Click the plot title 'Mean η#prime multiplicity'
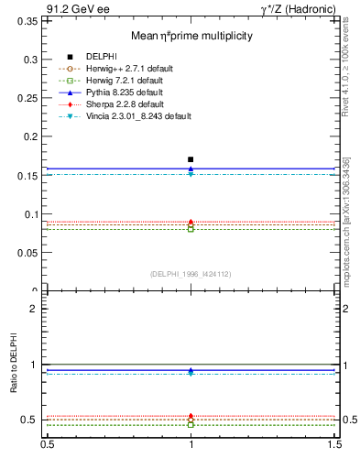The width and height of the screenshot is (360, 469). click(x=191, y=36)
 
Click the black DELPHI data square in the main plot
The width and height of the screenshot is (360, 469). click(x=191, y=159)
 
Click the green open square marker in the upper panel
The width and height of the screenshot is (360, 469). click(x=191, y=229)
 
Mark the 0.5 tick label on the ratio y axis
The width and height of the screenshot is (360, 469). click(x=30, y=420)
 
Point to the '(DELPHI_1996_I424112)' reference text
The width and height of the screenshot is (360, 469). click(x=191, y=274)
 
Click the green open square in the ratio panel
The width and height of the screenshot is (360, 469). click(x=191, y=425)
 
